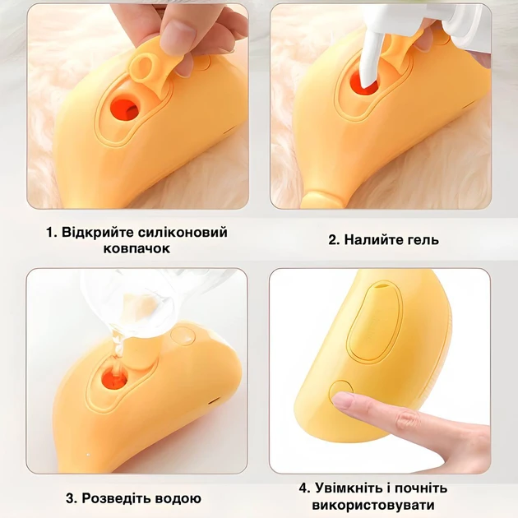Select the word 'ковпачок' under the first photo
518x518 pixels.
tap(137, 248)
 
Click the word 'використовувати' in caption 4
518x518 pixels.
tap(385, 505)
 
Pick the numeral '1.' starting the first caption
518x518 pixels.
tap(51, 233)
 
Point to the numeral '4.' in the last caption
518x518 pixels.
tap(304, 488)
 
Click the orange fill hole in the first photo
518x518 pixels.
tap(125, 105)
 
